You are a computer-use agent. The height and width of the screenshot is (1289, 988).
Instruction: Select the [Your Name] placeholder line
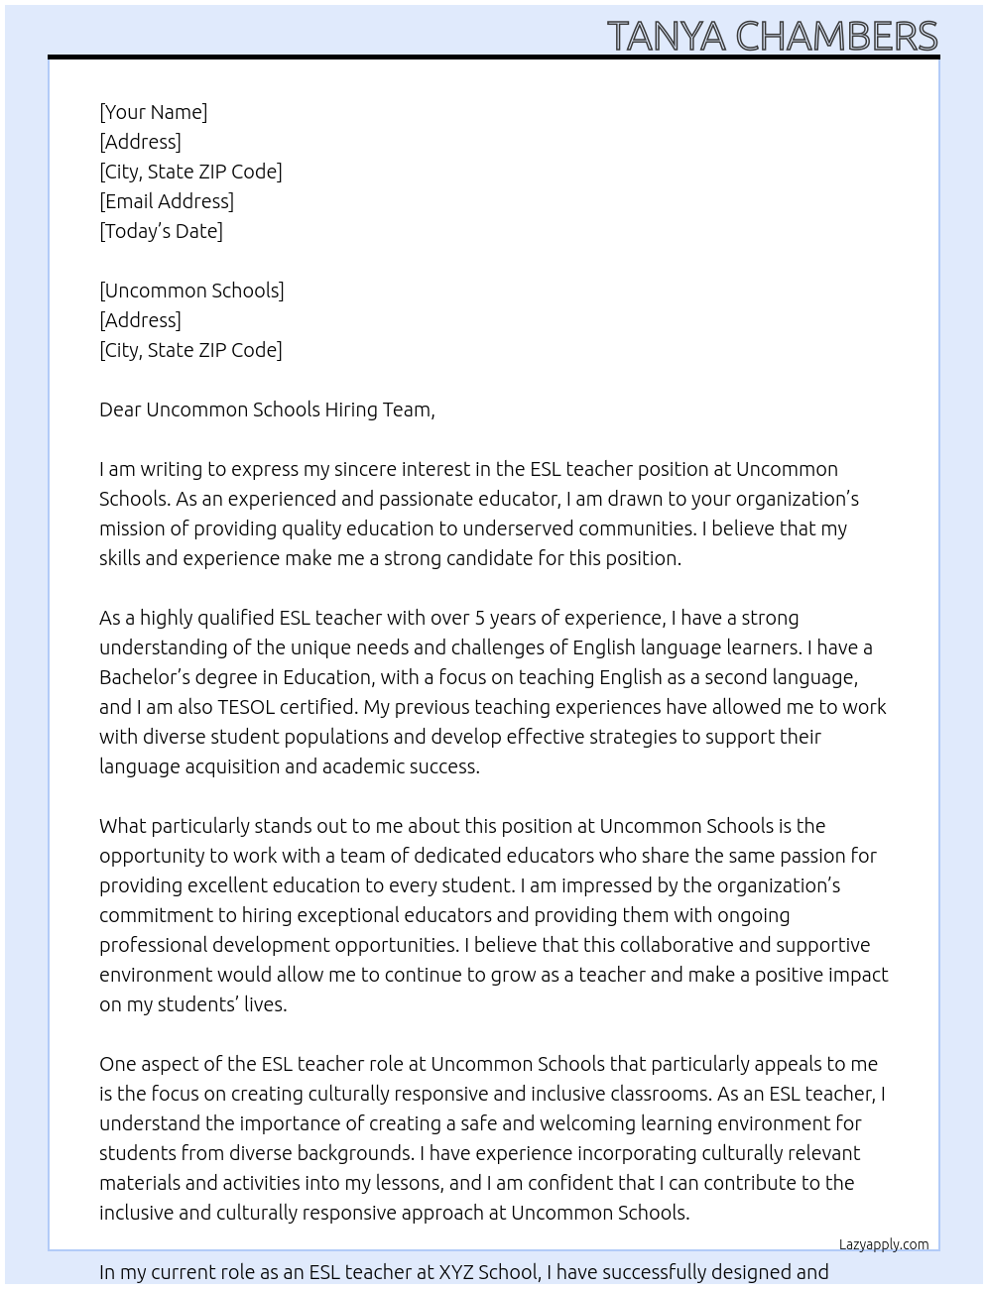(x=154, y=112)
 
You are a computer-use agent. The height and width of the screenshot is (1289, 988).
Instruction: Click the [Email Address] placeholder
(x=167, y=201)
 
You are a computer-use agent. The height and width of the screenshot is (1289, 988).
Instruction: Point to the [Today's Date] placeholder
(x=161, y=231)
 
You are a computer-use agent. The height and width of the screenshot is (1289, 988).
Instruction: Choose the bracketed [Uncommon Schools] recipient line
(x=191, y=291)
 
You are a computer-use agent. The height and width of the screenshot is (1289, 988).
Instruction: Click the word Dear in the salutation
(x=120, y=410)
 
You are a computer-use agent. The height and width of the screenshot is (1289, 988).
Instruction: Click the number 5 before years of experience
(x=480, y=618)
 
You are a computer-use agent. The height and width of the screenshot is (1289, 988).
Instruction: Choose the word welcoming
(x=517, y=1123)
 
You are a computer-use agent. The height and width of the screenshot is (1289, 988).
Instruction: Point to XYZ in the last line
(x=456, y=1272)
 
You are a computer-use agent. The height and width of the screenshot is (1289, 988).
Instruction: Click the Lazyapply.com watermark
(x=884, y=1244)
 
